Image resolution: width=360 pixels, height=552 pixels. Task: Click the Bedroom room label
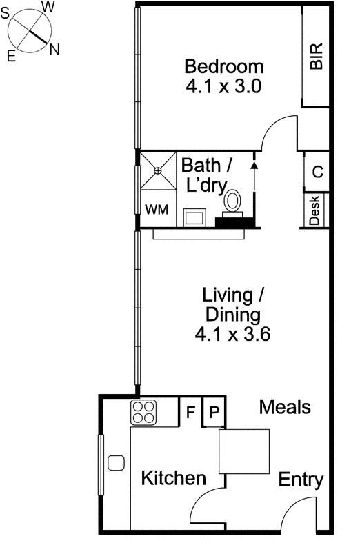pos(224,67)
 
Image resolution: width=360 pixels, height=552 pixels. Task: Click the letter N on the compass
pos(54,49)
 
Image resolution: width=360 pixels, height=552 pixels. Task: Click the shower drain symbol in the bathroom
pos(158,170)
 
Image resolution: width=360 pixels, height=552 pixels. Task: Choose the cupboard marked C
pos(317,172)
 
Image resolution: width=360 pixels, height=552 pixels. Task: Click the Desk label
pos(315,211)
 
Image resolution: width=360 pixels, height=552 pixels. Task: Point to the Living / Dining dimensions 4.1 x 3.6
pos(232,335)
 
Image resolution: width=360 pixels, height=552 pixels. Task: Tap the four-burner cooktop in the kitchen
pos(145,413)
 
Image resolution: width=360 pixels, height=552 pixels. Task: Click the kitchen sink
pos(116,462)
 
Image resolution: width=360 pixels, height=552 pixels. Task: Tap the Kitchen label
pos(173,478)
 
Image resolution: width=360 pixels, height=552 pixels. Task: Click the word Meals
pos(285,407)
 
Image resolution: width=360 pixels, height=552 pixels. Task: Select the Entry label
pos(301,480)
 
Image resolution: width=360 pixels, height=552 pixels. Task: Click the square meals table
pos(244,451)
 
